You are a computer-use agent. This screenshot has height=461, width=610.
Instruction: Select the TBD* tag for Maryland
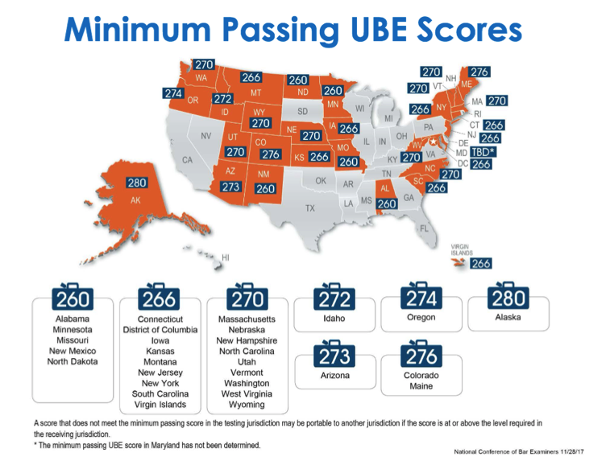[483, 151]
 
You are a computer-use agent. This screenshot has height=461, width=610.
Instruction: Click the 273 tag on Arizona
[230, 187]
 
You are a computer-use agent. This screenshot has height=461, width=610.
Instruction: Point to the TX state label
[309, 208]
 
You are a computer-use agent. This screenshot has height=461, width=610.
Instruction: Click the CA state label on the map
[188, 160]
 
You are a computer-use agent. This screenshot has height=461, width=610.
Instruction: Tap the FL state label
[424, 228]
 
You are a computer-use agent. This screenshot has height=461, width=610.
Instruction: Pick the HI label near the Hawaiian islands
[226, 257]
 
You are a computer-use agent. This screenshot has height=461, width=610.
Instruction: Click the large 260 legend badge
[73, 299]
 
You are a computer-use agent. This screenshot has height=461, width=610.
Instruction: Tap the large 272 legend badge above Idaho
[334, 298]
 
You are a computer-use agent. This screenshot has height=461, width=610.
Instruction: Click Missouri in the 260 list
[72, 340]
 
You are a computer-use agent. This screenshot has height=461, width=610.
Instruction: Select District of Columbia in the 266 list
[160, 330]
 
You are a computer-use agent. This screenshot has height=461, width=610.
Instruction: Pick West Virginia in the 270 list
[247, 394]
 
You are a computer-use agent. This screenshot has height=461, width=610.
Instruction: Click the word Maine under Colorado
[421, 387]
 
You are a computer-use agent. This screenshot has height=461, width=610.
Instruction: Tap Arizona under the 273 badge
[334, 376]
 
